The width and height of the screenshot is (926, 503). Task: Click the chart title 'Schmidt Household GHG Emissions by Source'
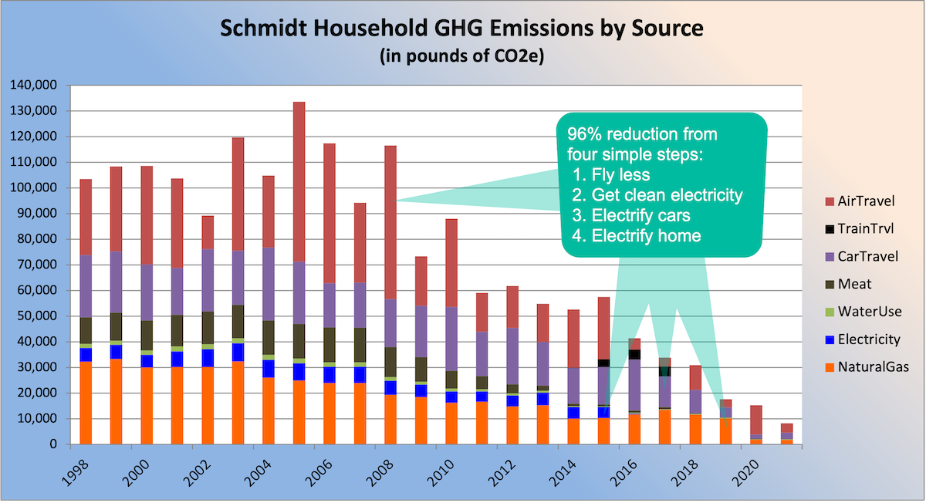coord(462,29)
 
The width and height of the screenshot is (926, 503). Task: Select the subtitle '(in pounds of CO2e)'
coord(462,57)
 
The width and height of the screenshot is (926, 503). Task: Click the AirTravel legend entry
coord(863,201)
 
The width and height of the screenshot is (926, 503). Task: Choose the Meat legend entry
coord(853,284)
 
